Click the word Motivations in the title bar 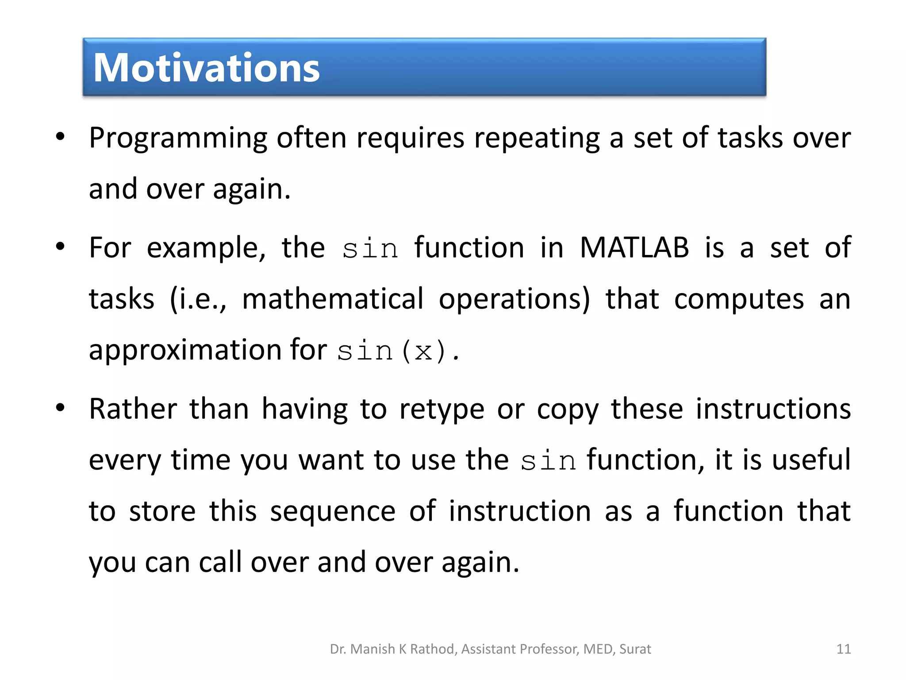pos(206,68)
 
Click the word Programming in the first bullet pos(178,138)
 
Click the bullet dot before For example pos(61,247)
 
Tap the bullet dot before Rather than pos(61,408)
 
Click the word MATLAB pos(634,247)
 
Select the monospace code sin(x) pos(398,352)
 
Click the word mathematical pos(333,299)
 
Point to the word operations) pos(514,299)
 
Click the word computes pos(739,299)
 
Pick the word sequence pos(333,511)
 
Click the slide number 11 pos(843,649)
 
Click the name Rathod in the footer pos(433,649)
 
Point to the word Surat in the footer pos(635,649)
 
